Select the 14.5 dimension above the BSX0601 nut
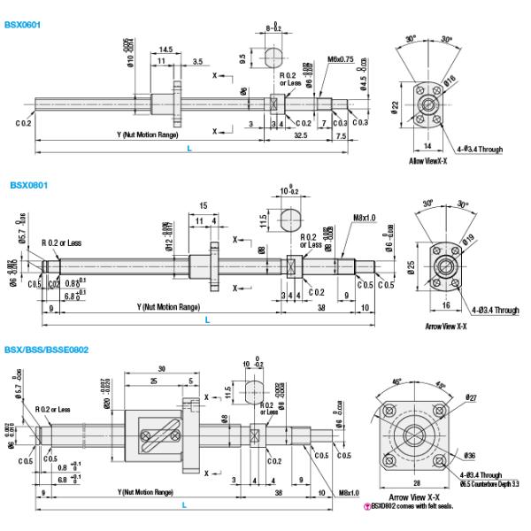(165, 50)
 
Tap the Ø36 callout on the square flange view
(469, 456)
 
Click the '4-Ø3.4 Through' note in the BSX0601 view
(478, 150)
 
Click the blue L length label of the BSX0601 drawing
(189, 149)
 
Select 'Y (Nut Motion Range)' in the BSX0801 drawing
(168, 306)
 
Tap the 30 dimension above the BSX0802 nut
(162, 369)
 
